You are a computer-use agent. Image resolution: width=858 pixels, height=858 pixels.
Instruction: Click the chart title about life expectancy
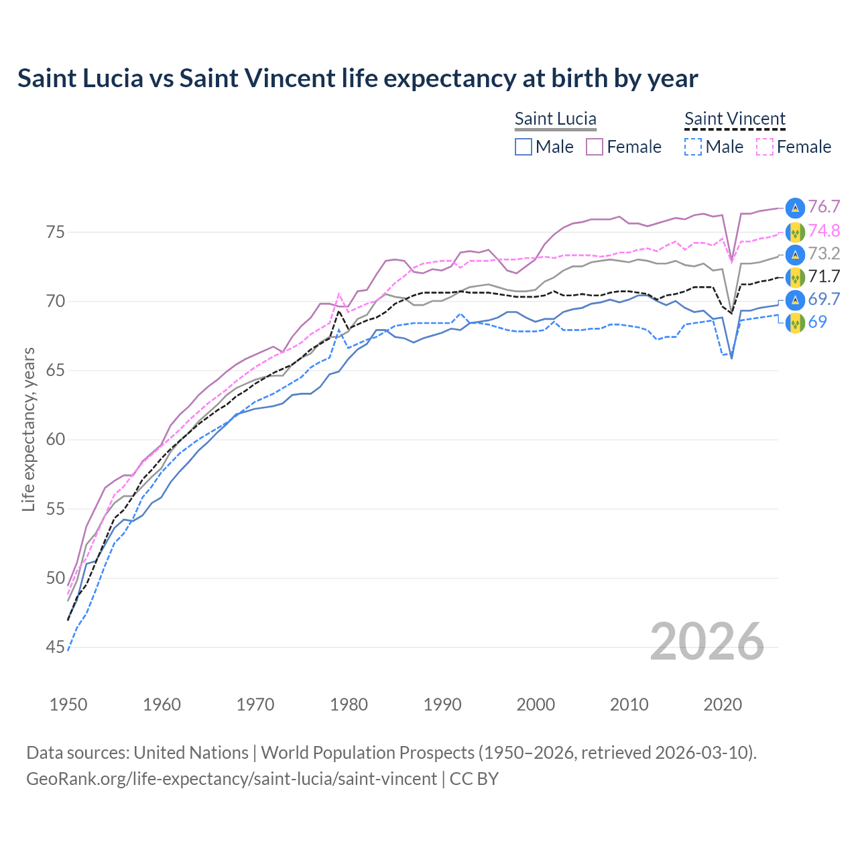(357, 78)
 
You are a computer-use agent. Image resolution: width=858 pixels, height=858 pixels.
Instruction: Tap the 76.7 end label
(824, 207)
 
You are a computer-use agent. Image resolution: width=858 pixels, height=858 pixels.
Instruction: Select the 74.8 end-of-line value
(824, 231)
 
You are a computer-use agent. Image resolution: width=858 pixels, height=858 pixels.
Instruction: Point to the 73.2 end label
(824, 253)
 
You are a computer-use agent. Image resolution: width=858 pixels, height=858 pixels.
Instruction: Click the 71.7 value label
(824, 276)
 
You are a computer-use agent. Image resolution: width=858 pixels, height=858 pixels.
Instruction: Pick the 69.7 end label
(824, 299)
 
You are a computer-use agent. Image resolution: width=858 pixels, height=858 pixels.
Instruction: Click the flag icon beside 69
(795, 322)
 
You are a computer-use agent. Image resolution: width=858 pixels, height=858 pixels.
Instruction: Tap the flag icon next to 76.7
(795, 208)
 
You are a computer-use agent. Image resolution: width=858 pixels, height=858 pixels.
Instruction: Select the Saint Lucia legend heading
(555, 119)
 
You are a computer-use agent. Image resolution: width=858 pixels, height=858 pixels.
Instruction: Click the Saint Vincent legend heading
(735, 119)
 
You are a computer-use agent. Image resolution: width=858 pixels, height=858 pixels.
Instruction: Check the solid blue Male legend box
(524, 147)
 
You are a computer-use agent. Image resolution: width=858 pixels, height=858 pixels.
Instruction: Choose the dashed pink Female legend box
(765, 147)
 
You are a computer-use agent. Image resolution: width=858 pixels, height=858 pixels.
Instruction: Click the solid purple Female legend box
(595, 147)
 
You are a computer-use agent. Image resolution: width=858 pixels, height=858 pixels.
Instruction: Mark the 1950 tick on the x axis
(68, 704)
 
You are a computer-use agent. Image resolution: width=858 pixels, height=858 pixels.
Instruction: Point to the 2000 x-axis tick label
(536, 704)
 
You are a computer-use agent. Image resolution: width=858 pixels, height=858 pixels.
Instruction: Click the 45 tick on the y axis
(56, 648)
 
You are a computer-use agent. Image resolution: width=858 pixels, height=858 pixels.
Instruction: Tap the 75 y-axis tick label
(56, 233)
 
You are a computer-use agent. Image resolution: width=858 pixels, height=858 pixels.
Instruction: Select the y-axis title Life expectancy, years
(29, 429)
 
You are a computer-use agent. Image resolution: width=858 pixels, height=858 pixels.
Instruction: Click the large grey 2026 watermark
(707, 641)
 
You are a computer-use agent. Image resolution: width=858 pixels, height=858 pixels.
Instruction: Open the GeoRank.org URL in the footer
(231, 779)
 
